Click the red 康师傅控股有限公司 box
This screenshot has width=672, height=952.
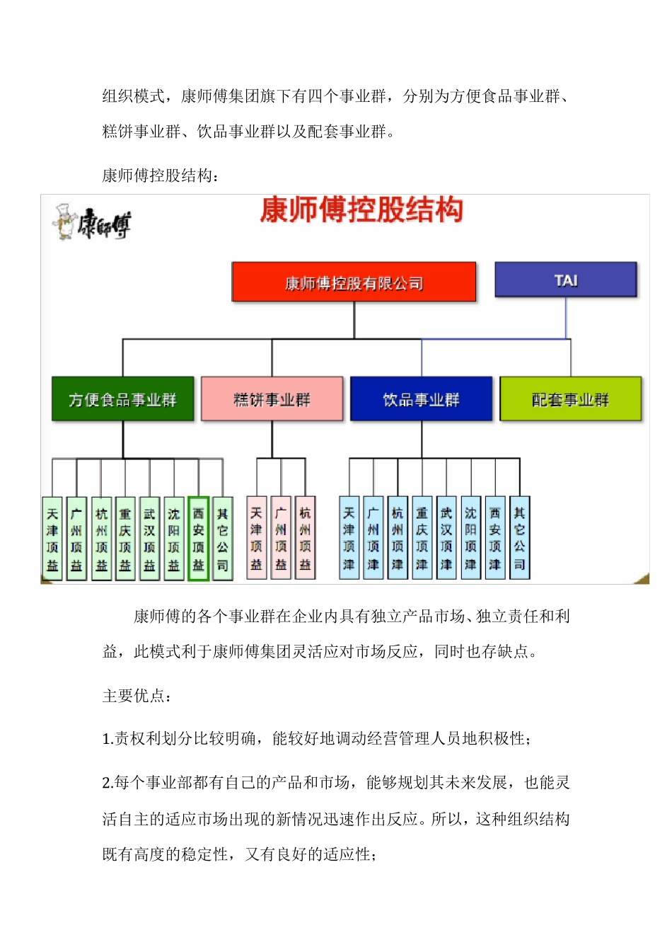(x=354, y=282)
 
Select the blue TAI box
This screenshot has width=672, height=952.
(x=565, y=280)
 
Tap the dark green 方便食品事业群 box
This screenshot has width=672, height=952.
(x=122, y=399)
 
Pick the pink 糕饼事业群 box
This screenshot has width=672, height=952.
(x=272, y=399)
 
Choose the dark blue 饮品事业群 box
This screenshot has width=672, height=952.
(x=421, y=399)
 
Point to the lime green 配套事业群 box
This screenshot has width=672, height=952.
(x=570, y=399)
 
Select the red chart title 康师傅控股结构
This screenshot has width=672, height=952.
(x=361, y=210)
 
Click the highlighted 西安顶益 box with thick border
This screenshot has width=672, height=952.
(x=198, y=539)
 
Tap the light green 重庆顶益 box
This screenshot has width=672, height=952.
(x=125, y=539)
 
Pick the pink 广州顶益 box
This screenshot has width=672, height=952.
(x=281, y=538)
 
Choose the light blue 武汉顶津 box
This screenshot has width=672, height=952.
(x=446, y=538)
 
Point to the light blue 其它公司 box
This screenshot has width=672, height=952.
(x=519, y=538)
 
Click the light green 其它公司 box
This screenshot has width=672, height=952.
(x=222, y=539)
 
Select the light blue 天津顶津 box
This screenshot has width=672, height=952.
(x=349, y=538)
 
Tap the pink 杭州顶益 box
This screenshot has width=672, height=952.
(x=305, y=538)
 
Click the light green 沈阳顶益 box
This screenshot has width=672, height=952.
(x=174, y=539)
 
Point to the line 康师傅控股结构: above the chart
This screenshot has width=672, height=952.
(x=161, y=176)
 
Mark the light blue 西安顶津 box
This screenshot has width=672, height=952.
(x=494, y=538)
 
